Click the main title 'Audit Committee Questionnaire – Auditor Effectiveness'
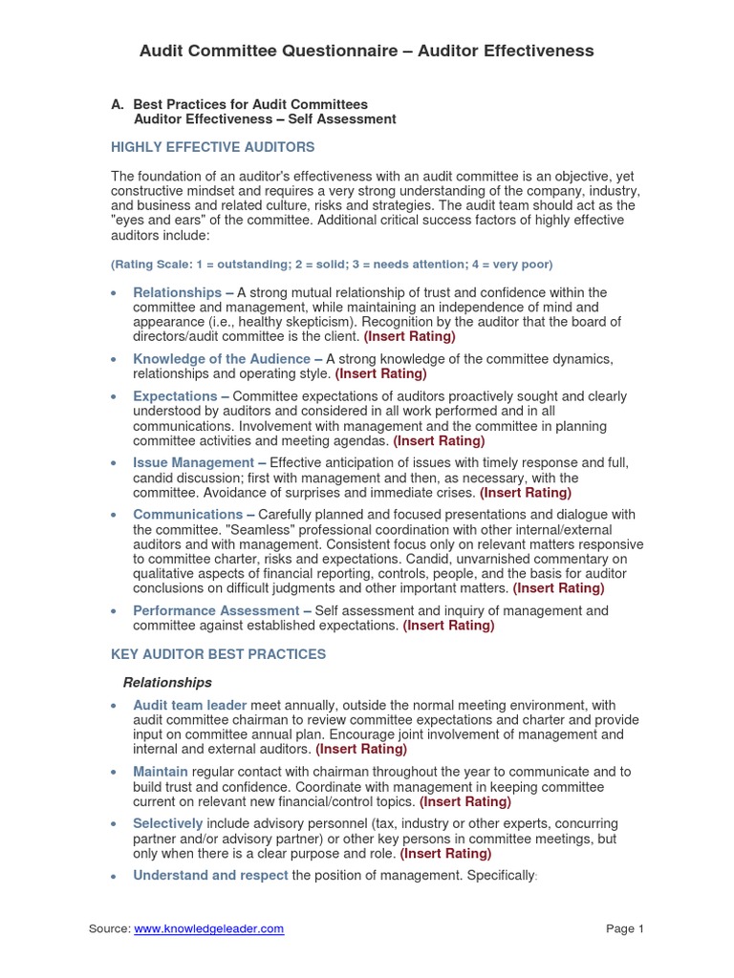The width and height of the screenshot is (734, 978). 367,51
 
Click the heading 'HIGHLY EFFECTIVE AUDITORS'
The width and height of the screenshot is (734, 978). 213,147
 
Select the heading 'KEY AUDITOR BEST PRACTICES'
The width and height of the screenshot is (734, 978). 219,654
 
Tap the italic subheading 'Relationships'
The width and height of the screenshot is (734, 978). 167,683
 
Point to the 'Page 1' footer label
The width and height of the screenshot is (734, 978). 626,928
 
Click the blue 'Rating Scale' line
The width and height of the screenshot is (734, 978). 332,264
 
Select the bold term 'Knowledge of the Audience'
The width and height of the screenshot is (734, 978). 221,359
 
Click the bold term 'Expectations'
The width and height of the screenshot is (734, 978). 175,396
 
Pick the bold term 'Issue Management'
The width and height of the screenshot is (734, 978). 193,463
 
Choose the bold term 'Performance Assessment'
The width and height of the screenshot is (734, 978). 216,611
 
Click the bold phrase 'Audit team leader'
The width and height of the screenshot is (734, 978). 190,706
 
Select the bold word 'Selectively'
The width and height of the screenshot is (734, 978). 168,823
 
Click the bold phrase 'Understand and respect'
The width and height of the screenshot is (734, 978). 210,876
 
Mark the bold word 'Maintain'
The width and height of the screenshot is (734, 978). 161,772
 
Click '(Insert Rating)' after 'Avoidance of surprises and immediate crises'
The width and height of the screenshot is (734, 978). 525,493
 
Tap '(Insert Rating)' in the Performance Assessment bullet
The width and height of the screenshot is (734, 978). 448,626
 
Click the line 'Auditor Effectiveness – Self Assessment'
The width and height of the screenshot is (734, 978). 265,119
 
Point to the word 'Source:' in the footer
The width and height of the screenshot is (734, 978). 109,928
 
